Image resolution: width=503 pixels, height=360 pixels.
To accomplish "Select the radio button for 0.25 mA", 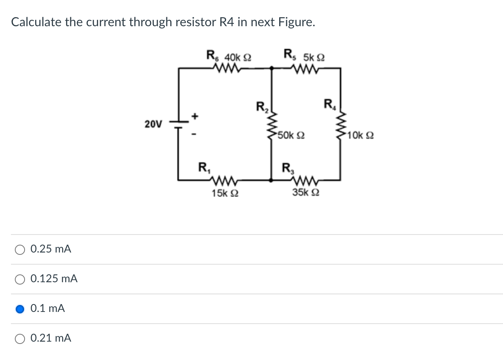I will point(20,249).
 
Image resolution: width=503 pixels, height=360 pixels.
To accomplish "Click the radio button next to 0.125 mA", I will point(20,279).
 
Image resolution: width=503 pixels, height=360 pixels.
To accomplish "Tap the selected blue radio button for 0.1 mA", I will point(20,309).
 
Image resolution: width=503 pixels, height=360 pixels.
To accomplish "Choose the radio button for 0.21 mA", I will point(20,339).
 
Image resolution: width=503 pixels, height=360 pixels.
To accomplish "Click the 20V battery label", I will point(153,124).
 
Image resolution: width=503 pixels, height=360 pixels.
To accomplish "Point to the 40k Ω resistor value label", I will point(237,57).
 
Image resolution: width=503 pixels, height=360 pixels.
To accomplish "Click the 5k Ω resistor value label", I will point(314,57).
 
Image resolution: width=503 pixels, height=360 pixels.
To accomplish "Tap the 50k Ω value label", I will point(291,136).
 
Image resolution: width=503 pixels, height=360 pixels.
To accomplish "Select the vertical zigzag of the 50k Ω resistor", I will point(272,124).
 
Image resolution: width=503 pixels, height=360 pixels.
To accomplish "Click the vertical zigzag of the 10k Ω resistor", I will point(341,124).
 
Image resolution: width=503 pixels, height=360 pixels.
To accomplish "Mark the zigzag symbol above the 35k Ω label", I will point(305,180).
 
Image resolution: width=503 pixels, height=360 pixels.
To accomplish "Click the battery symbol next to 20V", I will point(178,124).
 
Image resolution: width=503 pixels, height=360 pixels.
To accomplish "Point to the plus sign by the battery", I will point(196,116).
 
